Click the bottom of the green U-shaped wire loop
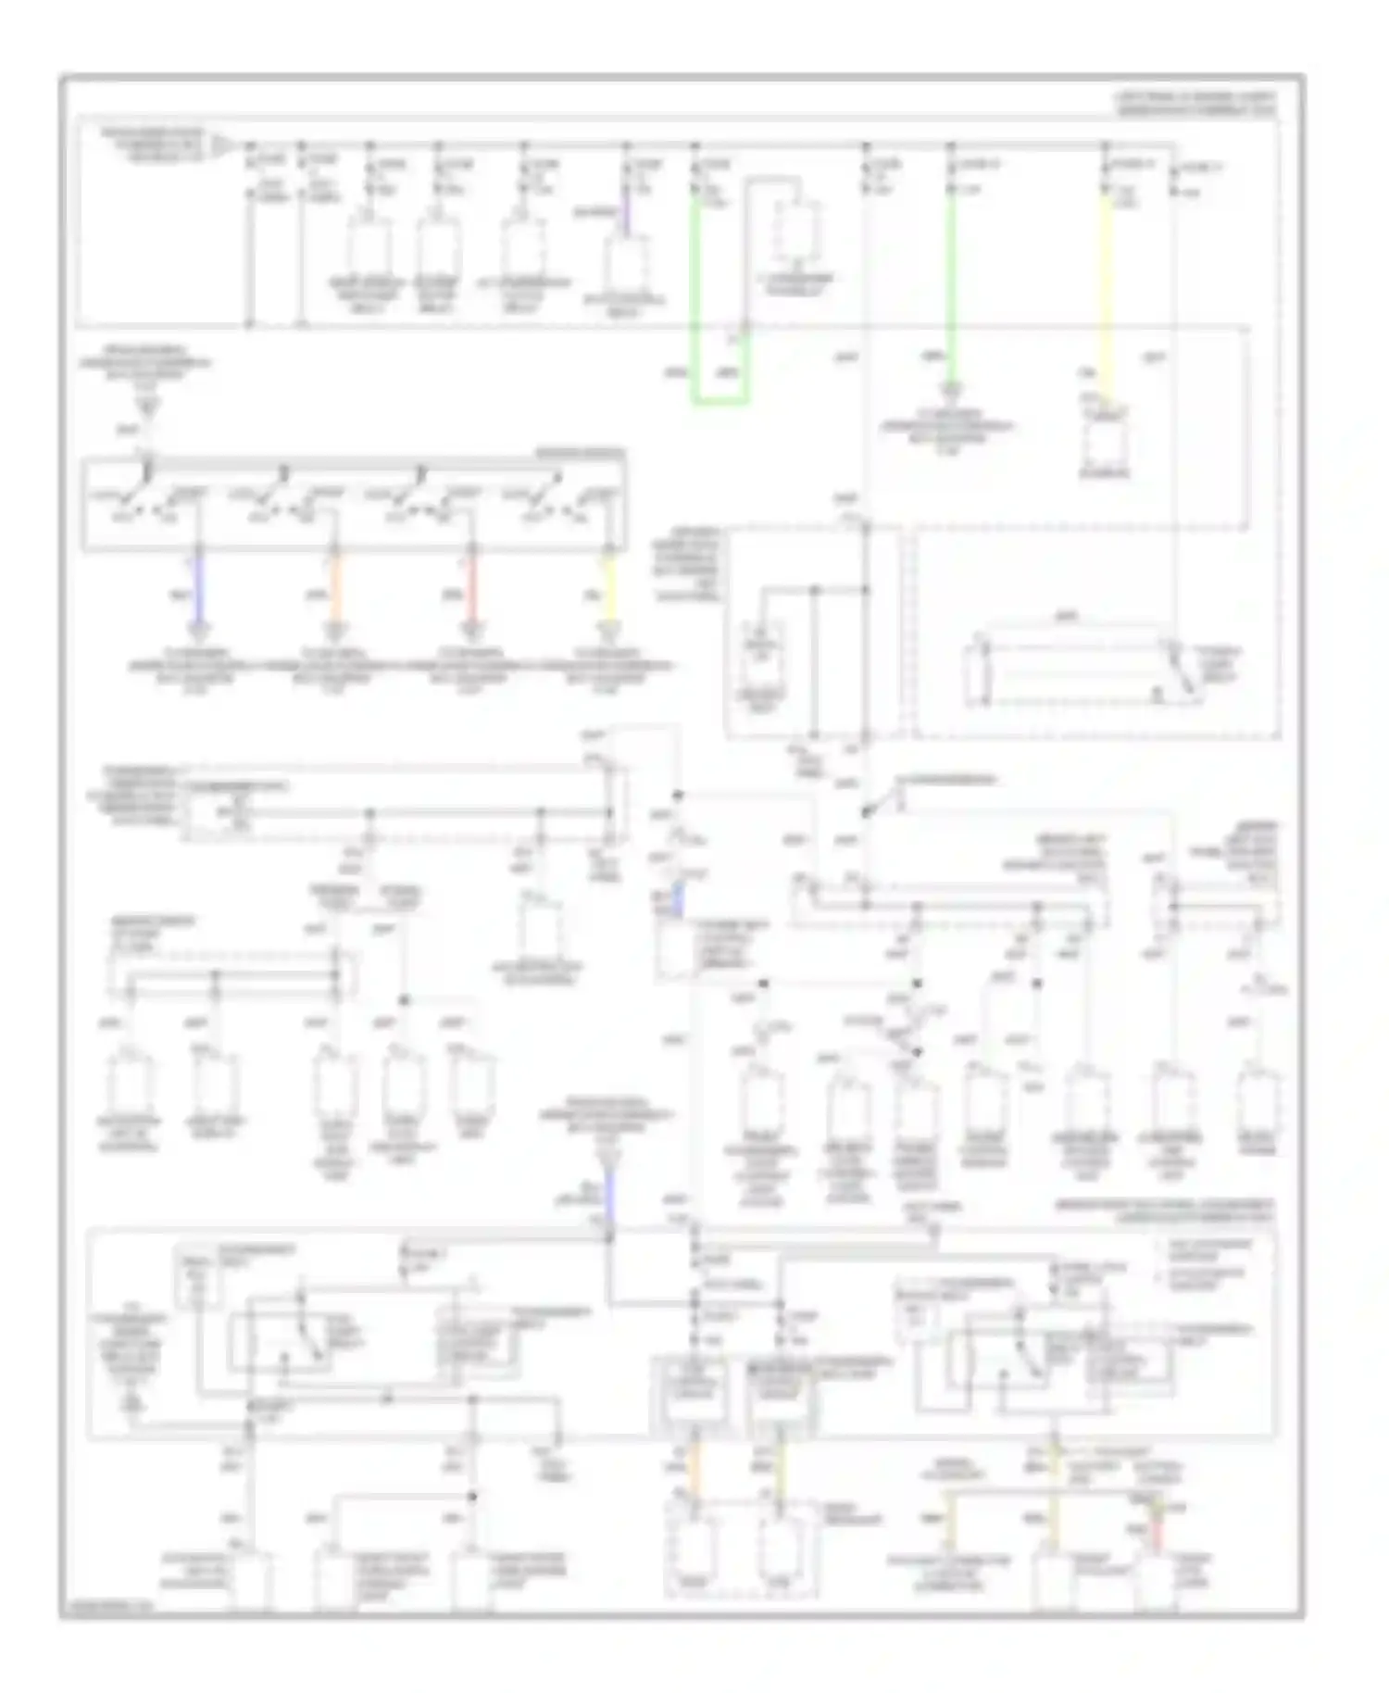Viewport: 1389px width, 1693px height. click(720, 402)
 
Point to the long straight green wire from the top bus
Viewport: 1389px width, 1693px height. click(950, 278)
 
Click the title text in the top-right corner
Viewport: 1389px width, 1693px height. click(1195, 103)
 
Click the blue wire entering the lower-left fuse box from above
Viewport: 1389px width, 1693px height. click(609, 1195)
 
